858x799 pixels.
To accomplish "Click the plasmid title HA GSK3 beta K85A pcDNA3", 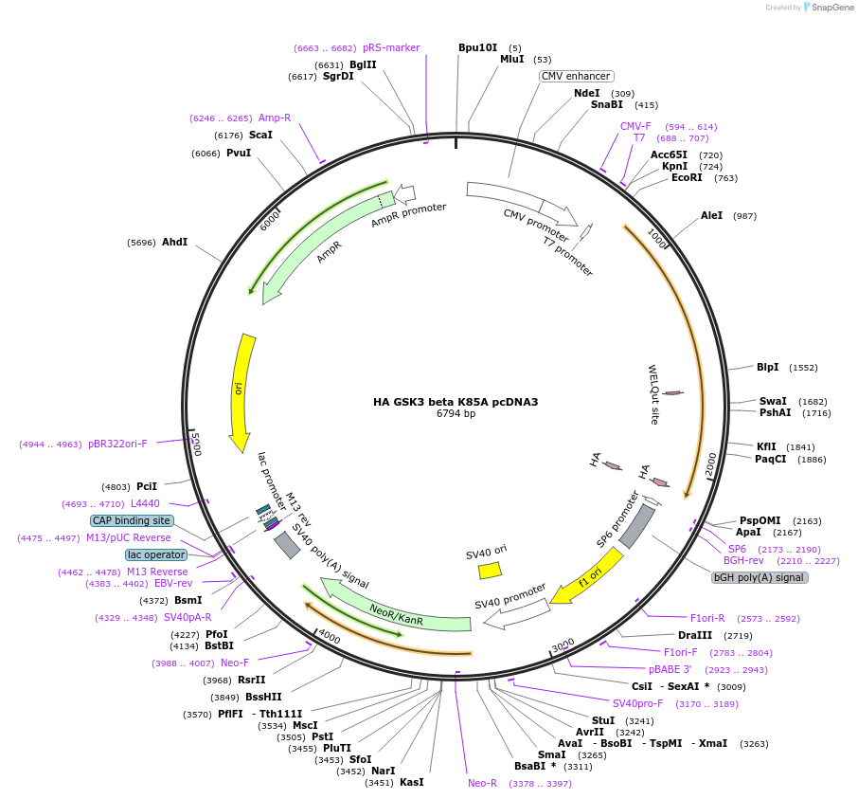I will (x=455, y=402).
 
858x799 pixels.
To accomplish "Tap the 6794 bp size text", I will (x=456, y=414).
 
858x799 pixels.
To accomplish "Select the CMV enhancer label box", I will (x=576, y=76).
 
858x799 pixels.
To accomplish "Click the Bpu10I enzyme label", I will (x=477, y=47).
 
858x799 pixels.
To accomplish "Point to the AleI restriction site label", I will (x=711, y=215).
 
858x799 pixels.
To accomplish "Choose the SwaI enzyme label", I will (x=773, y=401).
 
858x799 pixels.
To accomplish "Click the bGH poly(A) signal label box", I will (x=760, y=577).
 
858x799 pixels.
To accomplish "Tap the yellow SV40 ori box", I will (x=490, y=570).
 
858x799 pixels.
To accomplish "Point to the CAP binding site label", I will (x=132, y=520).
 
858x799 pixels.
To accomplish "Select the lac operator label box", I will (x=156, y=554).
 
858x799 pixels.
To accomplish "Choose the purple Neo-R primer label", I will (x=482, y=783).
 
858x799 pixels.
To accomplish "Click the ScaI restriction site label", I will (x=260, y=135).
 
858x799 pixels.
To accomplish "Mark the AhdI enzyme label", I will (x=174, y=242).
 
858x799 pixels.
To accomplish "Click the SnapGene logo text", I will (x=830, y=8).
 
